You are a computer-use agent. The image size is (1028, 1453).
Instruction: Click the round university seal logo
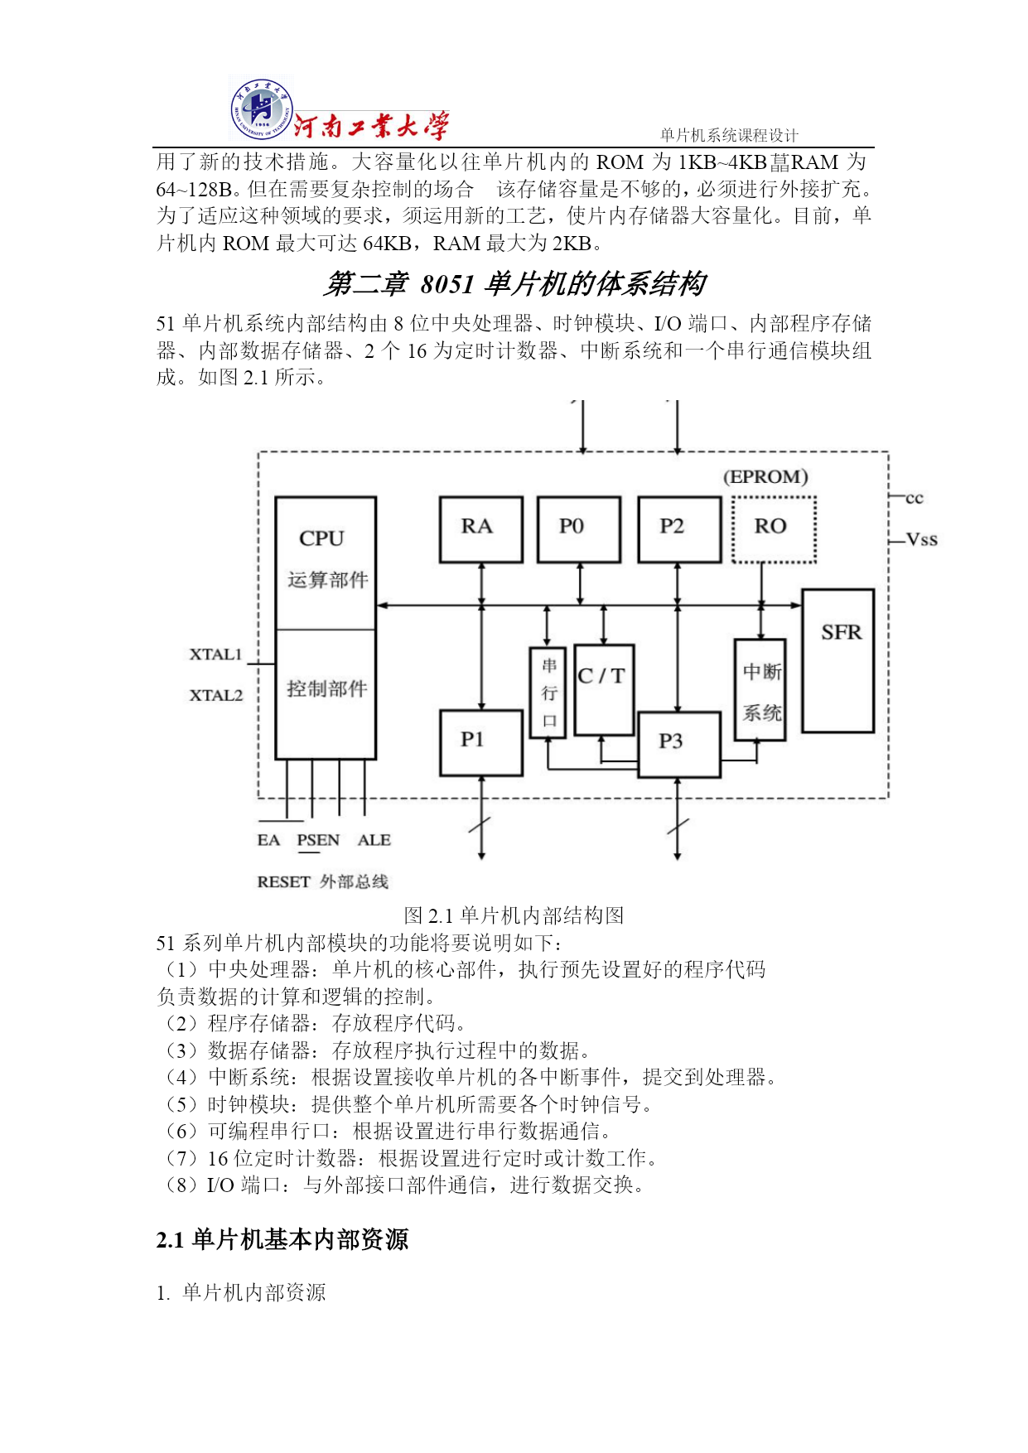[260, 109]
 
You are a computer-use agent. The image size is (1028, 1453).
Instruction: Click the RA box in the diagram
[480, 529]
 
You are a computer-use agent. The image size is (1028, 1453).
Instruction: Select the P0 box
[578, 529]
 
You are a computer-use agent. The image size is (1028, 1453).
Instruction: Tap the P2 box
[679, 529]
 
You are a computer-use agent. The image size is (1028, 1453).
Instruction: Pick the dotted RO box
[774, 529]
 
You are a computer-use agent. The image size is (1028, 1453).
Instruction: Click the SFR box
[837, 660]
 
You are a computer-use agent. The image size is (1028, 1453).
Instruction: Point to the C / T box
[604, 689]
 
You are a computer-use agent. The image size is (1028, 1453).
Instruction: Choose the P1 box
[480, 742]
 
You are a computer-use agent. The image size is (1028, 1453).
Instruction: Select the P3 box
[679, 744]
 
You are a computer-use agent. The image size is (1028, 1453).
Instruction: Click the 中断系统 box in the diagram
[760, 689]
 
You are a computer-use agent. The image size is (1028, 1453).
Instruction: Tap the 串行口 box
[548, 693]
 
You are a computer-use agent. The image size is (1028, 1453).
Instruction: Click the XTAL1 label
[215, 654]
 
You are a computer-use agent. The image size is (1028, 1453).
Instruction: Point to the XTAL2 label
[215, 695]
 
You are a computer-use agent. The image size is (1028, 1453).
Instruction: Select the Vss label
[922, 540]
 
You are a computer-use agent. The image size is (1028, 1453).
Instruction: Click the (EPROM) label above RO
[765, 477]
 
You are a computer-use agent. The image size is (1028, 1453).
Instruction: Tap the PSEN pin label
[318, 840]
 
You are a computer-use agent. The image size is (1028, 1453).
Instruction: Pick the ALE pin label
[374, 840]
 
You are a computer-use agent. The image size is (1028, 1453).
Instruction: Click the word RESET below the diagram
[283, 882]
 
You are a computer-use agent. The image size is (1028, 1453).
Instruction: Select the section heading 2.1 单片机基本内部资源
[282, 1239]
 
